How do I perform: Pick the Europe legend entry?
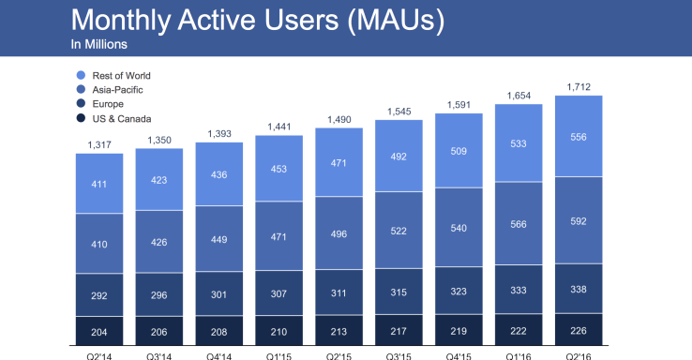point(111,104)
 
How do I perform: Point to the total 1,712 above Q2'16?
point(578,86)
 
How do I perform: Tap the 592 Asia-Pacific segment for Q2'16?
point(578,221)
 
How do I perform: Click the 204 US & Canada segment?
point(98,331)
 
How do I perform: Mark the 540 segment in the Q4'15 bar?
point(459,227)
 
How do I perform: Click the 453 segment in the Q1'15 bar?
point(278,170)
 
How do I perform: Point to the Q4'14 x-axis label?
point(218,355)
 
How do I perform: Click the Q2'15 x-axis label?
point(338,355)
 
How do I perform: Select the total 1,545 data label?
point(399,111)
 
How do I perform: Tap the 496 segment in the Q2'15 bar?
point(338,233)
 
